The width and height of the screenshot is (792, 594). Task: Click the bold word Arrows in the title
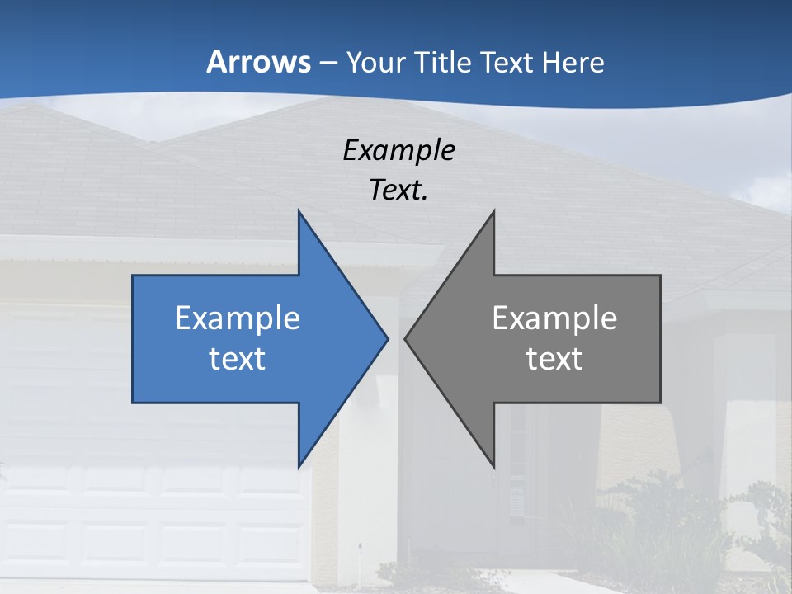click(x=258, y=62)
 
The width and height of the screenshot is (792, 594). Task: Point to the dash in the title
click(x=328, y=63)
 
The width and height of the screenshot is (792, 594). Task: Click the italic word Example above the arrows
click(x=398, y=150)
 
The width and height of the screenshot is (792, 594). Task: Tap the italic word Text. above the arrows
click(x=398, y=190)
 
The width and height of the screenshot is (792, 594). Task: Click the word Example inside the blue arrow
click(x=238, y=318)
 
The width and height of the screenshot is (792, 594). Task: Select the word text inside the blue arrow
click(x=238, y=358)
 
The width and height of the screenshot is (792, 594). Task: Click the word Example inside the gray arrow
click(x=554, y=318)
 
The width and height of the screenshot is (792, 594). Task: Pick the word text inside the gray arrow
click(x=554, y=358)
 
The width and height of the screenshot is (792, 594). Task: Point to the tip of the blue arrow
click(x=388, y=338)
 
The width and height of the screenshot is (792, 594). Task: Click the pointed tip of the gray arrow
click(x=405, y=338)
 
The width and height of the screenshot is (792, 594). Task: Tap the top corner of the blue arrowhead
click(x=299, y=211)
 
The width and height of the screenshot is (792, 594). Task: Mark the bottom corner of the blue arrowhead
click(x=299, y=467)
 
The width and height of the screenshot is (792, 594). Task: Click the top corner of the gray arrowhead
click(x=493, y=211)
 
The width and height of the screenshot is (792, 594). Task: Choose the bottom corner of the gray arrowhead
click(x=493, y=467)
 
